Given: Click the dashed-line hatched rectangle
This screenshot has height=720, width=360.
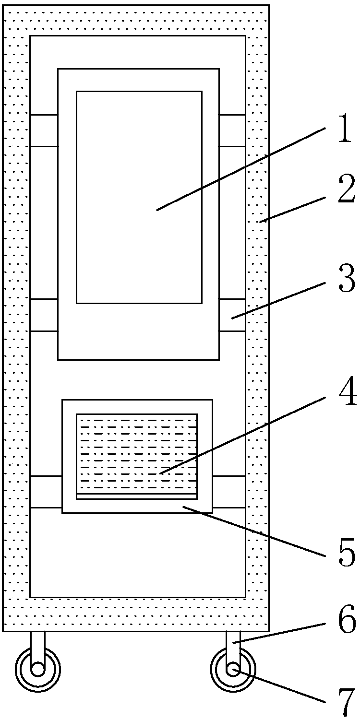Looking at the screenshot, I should (x=137, y=453).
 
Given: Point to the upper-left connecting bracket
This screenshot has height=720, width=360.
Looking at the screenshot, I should (x=44, y=130).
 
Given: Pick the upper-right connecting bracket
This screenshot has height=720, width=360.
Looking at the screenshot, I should (x=232, y=130).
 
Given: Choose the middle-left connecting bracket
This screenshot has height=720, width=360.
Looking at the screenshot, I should (x=44, y=315).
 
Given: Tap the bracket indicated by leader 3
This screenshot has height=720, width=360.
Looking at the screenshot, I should (x=232, y=315).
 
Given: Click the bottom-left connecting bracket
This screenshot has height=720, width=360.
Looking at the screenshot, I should (x=46, y=492).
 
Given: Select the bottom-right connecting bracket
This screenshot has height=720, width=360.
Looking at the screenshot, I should (x=229, y=492).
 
